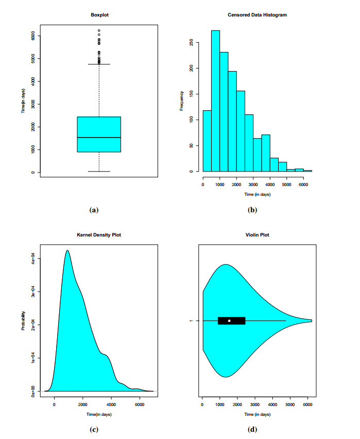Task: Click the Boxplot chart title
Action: (x=99, y=15)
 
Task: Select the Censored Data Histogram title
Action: (x=257, y=15)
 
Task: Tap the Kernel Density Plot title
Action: (x=99, y=235)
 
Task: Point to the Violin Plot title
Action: (x=258, y=235)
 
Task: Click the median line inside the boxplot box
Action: (x=99, y=138)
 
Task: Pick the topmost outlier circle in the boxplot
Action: (x=99, y=30)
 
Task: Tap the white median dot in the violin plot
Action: (x=229, y=320)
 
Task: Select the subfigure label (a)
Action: (x=93, y=210)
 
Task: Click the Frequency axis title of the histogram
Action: (x=182, y=100)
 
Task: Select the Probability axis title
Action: (x=23, y=319)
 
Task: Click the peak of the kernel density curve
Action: (x=67, y=250)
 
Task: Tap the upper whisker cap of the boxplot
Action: (x=99, y=64)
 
